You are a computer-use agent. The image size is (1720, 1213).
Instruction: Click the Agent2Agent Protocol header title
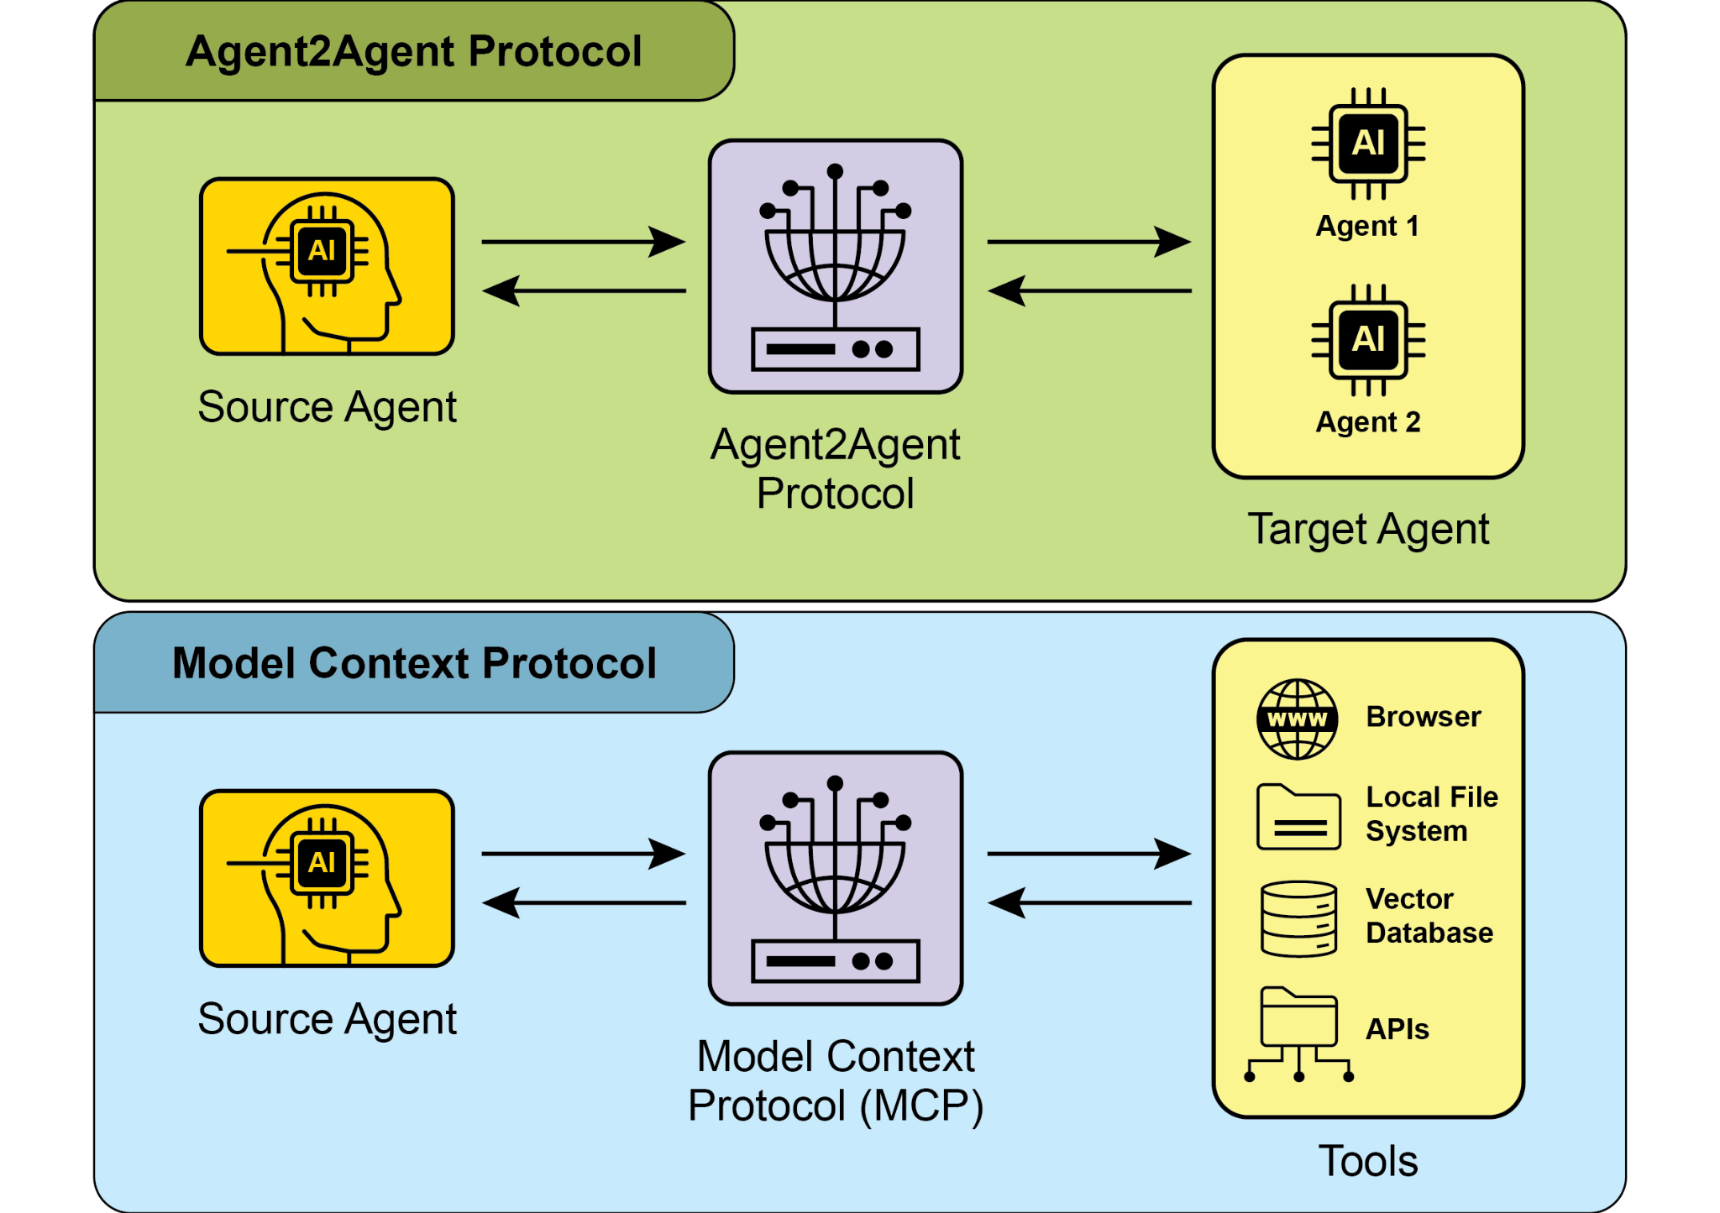(x=413, y=51)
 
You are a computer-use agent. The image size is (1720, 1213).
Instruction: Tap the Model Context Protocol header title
(x=413, y=663)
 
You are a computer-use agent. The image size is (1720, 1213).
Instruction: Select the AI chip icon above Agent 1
(x=1368, y=144)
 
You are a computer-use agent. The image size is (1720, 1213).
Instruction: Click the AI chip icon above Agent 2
(x=1368, y=340)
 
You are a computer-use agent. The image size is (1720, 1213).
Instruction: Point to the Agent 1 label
(x=1367, y=226)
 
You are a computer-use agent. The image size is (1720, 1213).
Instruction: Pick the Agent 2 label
(x=1367, y=421)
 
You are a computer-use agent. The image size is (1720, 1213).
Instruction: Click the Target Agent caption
(x=1367, y=530)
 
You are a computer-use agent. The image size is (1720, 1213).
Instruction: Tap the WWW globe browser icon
(x=1297, y=719)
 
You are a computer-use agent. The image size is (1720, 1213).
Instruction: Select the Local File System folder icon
(x=1298, y=817)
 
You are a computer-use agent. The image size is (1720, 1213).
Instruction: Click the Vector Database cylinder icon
(x=1298, y=918)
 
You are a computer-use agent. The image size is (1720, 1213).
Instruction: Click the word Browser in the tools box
(x=1423, y=717)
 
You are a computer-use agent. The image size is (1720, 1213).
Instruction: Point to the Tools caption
(x=1367, y=1161)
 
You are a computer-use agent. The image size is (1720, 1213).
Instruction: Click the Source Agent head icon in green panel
(x=327, y=267)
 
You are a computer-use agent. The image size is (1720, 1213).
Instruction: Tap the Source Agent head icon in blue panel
(x=327, y=878)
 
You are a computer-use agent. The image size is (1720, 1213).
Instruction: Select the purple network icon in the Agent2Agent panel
(x=835, y=267)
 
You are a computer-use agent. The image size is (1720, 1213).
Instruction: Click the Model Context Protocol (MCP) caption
(x=835, y=1080)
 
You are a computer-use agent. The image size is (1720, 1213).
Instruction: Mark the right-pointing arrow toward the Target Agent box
(x=1088, y=242)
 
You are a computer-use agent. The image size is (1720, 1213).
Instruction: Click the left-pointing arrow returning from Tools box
(x=1088, y=903)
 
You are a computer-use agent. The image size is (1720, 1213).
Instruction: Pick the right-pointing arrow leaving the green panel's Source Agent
(x=583, y=242)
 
